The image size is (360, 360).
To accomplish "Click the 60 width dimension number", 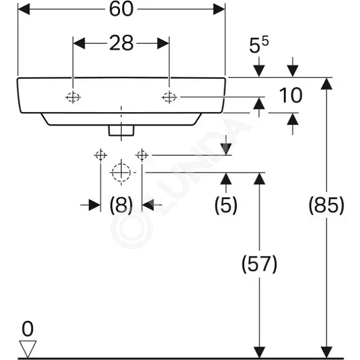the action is pyautogui.click(x=121, y=9).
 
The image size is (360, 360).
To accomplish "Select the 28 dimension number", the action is pyautogui.click(x=121, y=43).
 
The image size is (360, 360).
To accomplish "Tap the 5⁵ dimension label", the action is pyautogui.click(x=259, y=44).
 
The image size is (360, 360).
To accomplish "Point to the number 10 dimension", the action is pyautogui.click(x=291, y=95).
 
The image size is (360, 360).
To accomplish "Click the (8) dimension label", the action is pyautogui.click(x=121, y=205).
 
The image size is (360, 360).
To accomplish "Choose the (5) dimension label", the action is pyautogui.click(x=226, y=205).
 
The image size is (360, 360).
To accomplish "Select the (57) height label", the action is pyautogui.click(x=259, y=264).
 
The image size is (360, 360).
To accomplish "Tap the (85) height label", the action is pyautogui.click(x=326, y=205).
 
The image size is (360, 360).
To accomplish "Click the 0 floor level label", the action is pyautogui.click(x=27, y=329).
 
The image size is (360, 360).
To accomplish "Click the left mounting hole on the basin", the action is pyautogui.click(x=72, y=97).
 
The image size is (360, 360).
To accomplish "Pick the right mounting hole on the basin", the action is pyautogui.click(x=169, y=97).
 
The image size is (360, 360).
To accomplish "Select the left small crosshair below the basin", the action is pyautogui.click(x=101, y=155).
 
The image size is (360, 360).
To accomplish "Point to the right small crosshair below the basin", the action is pyautogui.click(x=142, y=155).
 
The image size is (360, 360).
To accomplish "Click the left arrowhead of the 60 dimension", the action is pyautogui.click(x=24, y=9).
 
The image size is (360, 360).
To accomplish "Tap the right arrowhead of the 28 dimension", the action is pyautogui.click(x=163, y=43).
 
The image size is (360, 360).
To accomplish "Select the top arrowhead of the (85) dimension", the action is pyautogui.click(x=326, y=83).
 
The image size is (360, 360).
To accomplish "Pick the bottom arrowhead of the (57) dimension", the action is pyautogui.click(x=259, y=352).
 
